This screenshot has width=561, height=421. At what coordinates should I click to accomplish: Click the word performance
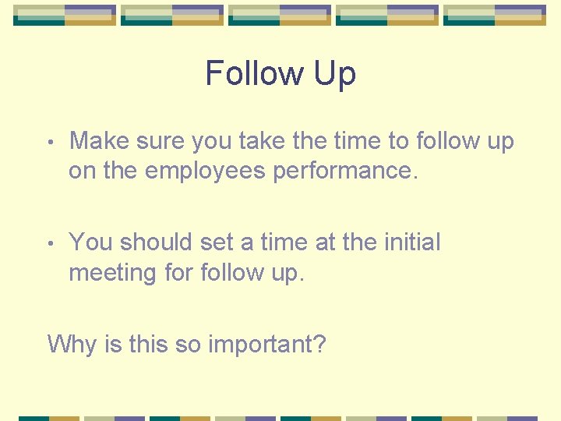point(345,172)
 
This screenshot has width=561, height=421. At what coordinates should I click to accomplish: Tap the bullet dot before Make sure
point(50,143)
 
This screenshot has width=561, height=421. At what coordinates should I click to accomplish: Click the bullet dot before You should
point(50,244)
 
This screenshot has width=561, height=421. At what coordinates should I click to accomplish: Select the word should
point(154,242)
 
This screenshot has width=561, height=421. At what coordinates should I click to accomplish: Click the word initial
point(412,242)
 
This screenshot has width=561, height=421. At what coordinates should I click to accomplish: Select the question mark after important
point(318,343)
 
